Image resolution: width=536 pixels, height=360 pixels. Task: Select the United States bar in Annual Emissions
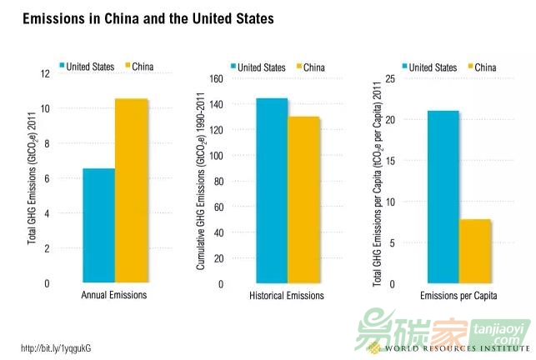pyautogui.click(x=98, y=225)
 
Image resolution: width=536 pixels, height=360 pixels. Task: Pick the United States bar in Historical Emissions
pyautogui.click(x=273, y=191)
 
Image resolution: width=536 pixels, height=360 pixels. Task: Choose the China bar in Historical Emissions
pyautogui.click(x=304, y=200)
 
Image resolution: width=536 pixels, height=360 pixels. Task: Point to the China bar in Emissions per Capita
pyautogui.click(x=474, y=251)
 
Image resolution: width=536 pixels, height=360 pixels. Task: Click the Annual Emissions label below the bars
pyautogui.click(x=115, y=296)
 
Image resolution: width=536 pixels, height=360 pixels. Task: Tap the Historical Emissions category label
pyautogui.click(x=287, y=296)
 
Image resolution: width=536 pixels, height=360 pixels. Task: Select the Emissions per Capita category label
pyautogui.click(x=458, y=296)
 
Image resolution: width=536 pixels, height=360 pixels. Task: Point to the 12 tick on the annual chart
pyautogui.click(x=44, y=74)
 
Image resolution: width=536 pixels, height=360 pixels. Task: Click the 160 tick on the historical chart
pyautogui.click(x=216, y=79)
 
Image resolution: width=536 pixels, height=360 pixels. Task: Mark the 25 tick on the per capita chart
pyautogui.click(x=389, y=79)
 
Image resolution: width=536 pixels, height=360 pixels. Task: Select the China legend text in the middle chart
pyautogui.click(x=313, y=67)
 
